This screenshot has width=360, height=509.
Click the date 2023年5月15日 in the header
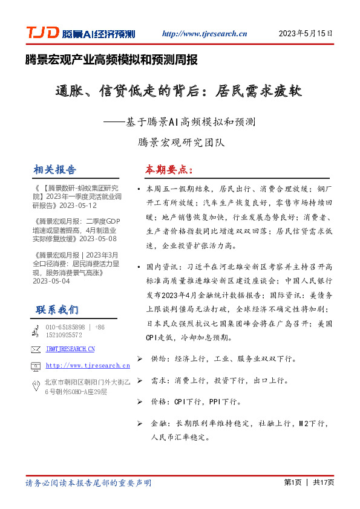pyautogui.click(x=305, y=34)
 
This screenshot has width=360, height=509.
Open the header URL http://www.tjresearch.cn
pyautogui.click(x=205, y=34)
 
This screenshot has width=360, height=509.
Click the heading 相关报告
pyautogui.click(x=56, y=169)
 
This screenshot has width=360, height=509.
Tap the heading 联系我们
pyautogui.click(x=57, y=310)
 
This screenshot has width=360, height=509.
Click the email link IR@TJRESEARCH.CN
pyautogui.click(x=70, y=349)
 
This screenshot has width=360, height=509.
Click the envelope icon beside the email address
pyautogui.click(x=35, y=349)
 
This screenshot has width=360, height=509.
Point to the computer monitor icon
pyautogui.click(x=35, y=366)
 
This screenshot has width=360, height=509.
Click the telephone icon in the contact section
pyautogui.click(x=35, y=330)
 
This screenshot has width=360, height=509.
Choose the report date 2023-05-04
pyautogui.click(x=51, y=281)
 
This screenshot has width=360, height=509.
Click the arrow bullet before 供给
pyautogui.click(x=140, y=359)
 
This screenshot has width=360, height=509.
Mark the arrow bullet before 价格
pyautogui.click(x=140, y=401)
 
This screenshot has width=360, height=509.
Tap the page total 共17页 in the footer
pyautogui.click(x=322, y=482)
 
